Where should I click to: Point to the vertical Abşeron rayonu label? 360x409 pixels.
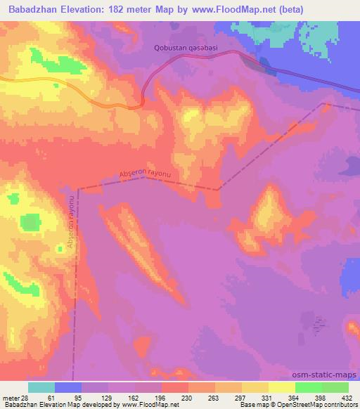click(71, 232)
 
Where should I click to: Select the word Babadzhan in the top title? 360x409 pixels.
click(34, 9)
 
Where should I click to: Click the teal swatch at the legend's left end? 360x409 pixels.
click(41, 387)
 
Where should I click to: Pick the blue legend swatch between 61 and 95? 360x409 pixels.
click(68, 387)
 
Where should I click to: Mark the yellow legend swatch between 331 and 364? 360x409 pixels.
click(281, 387)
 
